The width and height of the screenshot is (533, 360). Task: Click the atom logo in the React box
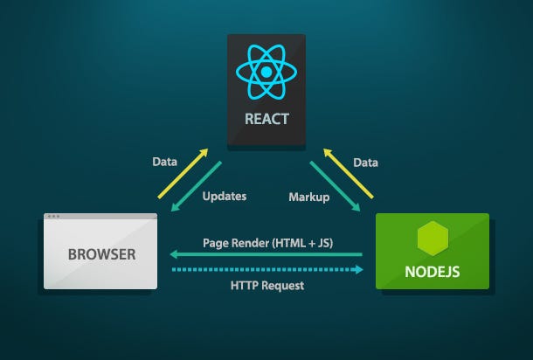[266, 73]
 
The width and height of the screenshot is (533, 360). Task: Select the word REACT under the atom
[266, 118]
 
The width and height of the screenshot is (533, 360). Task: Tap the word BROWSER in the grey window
[100, 256]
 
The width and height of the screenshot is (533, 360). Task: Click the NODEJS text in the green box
[433, 271]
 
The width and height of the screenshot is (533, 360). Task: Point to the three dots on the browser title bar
[54, 217]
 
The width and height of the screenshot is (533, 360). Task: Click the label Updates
[225, 197]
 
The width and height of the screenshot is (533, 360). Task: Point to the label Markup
[308, 197]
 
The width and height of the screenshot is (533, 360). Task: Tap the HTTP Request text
[266, 286]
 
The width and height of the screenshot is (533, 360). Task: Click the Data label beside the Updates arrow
[164, 162]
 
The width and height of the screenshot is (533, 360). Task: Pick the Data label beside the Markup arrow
[365, 162]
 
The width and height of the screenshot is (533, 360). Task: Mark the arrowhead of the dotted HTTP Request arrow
[358, 269]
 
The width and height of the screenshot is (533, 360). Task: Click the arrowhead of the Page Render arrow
[173, 255]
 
